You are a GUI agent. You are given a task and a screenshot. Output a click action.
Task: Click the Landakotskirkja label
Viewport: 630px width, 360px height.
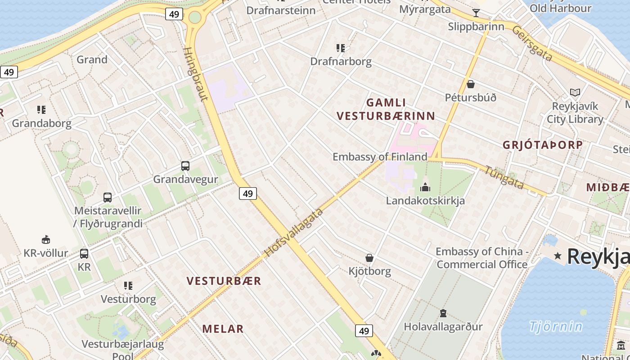click(x=425, y=200)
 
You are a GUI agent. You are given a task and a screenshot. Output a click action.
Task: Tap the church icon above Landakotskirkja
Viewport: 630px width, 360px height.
click(x=425, y=187)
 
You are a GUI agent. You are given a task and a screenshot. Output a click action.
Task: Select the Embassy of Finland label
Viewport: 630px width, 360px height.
click(x=380, y=157)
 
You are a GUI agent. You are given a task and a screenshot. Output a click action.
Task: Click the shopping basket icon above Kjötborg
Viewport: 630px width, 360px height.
click(x=369, y=258)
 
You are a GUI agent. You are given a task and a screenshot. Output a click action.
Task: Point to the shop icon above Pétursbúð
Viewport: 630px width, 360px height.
click(x=471, y=84)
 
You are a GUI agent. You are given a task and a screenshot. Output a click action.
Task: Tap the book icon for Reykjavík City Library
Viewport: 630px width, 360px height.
click(x=575, y=93)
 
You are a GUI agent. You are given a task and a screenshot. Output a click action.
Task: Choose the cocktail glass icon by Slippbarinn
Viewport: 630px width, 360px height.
click(x=476, y=13)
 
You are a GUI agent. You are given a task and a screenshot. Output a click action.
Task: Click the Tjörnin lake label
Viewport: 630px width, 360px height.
click(x=556, y=326)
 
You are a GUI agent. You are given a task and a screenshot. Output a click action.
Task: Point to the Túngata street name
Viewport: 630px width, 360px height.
click(x=504, y=177)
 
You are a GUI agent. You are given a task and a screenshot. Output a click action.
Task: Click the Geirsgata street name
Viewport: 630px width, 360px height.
click(x=532, y=43)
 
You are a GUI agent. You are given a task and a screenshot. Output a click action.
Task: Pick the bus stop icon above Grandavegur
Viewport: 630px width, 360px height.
click(x=185, y=166)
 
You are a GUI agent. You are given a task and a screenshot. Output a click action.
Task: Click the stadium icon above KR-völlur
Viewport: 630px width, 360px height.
click(x=46, y=239)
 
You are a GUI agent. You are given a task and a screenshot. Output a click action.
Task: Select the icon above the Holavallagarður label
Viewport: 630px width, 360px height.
click(x=443, y=313)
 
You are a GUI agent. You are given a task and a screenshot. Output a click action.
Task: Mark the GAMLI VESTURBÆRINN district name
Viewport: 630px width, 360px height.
click(x=386, y=109)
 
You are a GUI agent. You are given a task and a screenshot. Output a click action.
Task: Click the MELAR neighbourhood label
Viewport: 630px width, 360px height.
click(x=223, y=329)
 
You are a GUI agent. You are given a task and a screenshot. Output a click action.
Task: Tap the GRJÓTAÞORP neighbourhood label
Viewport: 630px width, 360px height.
click(x=543, y=145)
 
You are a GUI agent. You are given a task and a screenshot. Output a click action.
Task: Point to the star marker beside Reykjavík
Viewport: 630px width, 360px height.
click(x=558, y=256)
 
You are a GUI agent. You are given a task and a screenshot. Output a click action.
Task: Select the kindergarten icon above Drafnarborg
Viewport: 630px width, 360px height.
click(x=341, y=48)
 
